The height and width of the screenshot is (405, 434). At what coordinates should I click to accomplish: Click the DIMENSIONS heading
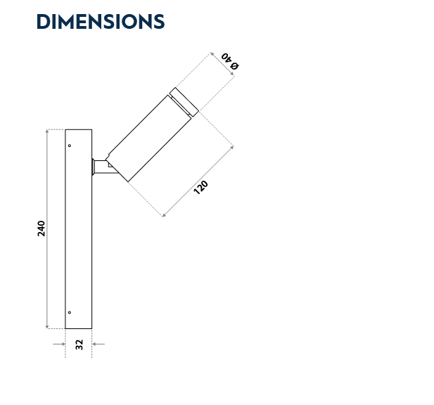100,22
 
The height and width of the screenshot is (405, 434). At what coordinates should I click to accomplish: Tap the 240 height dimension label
42,228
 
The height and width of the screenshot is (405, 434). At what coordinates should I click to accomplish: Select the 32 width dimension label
79,344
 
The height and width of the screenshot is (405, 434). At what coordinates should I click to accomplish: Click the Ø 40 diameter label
230,61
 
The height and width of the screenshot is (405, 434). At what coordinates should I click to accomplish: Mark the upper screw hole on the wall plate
70,146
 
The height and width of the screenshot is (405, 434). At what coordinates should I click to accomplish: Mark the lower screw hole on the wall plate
70,312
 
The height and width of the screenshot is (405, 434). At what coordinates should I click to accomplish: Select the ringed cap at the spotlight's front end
185,101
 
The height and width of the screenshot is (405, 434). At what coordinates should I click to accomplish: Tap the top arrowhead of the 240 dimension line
47,131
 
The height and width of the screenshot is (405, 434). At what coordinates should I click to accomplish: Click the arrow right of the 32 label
100,344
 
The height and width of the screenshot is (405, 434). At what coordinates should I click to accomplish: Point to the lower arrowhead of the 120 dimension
164,214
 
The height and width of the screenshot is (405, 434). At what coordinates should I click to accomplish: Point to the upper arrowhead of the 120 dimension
231,147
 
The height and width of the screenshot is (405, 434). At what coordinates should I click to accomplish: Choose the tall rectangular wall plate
79,229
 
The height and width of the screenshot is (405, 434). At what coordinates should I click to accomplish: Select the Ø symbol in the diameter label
236,66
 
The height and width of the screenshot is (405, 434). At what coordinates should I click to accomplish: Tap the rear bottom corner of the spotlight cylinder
128,181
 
